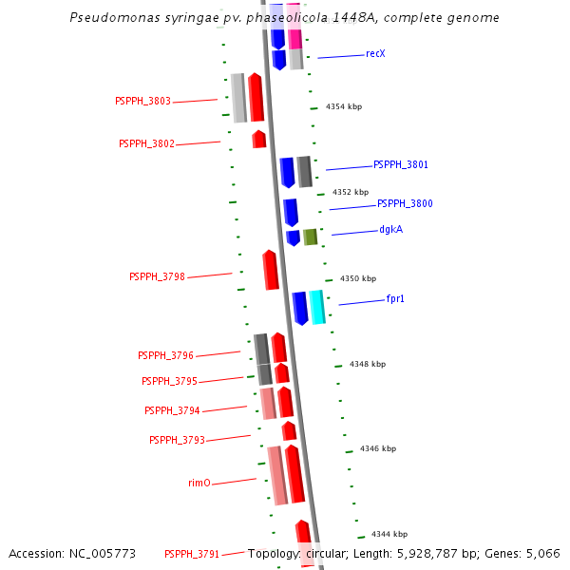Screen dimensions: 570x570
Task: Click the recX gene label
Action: coord(375,53)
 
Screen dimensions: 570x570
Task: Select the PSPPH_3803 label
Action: coord(142,101)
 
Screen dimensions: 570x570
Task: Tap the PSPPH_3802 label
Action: coord(146,143)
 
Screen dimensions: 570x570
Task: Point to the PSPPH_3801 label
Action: coord(400,164)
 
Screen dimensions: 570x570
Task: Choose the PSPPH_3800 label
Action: coord(405,203)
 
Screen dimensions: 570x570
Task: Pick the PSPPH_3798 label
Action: coord(157,276)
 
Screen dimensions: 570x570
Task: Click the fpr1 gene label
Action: coord(395,298)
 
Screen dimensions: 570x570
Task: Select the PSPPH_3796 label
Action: coord(165,355)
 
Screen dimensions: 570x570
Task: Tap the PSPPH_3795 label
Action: coord(169,381)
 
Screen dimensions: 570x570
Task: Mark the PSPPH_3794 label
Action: coord(172,410)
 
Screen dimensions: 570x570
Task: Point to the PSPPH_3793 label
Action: coord(177,440)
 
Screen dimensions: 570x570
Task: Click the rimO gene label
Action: coord(199,483)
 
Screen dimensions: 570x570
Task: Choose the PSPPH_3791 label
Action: coord(192,554)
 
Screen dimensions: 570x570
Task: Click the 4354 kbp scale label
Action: coord(343,107)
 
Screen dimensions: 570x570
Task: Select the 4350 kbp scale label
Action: coord(358,278)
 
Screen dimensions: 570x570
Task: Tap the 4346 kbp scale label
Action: coord(378,448)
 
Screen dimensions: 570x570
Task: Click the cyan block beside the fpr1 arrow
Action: coord(317,306)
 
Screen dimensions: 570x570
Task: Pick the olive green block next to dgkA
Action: coord(310,237)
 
